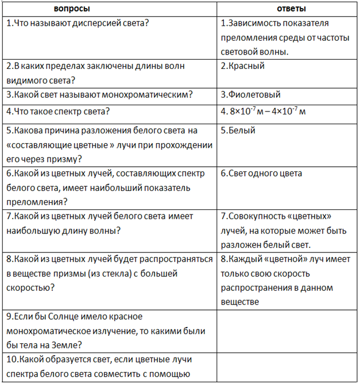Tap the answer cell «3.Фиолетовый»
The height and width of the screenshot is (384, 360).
(x=251, y=94)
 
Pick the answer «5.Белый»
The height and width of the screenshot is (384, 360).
(x=238, y=130)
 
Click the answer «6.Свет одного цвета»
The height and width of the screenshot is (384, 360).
(x=261, y=173)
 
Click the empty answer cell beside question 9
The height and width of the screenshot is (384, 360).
(x=285, y=331)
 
